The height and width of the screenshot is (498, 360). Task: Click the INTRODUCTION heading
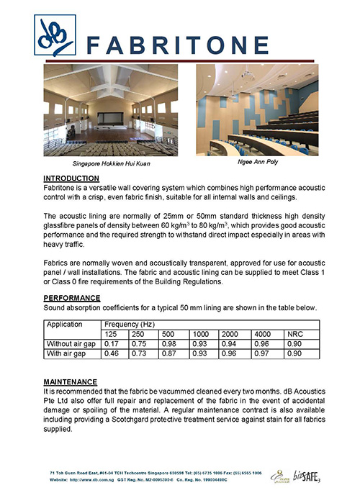(72, 178)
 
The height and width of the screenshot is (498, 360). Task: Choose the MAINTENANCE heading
(70, 381)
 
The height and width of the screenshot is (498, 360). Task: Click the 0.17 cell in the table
(112, 344)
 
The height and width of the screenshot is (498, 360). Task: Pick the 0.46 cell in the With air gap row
(112, 354)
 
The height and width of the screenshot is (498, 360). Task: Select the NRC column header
(295, 335)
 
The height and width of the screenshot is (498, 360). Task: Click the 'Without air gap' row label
(71, 344)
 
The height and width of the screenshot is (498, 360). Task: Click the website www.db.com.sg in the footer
(91, 476)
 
